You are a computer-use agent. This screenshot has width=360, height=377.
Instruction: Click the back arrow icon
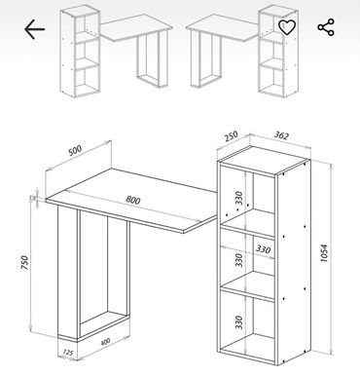pyautogui.click(x=34, y=29)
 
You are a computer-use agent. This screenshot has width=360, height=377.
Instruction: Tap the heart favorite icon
pyautogui.click(x=287, y=27)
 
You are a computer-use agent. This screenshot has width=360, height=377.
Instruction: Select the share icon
pyautogui.click(x=326, y=27)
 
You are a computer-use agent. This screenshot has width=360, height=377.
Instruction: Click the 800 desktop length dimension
pyautogui.click(x=133, y=200)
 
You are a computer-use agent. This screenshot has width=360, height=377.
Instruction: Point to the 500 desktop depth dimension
pyautogui.click(x=75, y=150)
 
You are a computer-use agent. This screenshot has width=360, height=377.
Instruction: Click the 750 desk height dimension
pyautogui.click(x=24, y=262)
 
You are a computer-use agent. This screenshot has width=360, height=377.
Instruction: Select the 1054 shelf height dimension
pyautogui.click(x=324, y=253)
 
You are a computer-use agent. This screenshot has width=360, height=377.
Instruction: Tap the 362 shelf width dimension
pyautogui.click(x=281, y=135)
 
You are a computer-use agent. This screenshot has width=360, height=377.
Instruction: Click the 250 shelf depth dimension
pyautogui.click(x=232, y=136)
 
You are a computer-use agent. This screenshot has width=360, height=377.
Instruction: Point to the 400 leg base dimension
pyautogui.click(x=105, y=342)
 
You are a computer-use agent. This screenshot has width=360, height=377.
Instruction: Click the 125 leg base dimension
pyautogui.click(x=67, y=352)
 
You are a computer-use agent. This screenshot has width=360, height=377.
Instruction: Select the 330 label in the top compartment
pyautogui.click(x=239, y=198)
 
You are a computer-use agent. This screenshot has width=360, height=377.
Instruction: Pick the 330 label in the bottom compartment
pyautogui.click(x=239, y=321)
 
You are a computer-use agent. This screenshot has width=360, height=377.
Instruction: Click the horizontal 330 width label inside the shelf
pyautogui.click(x=263, y=249)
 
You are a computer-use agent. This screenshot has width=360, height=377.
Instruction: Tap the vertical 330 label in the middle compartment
pyautogui.click(x=239, y=260)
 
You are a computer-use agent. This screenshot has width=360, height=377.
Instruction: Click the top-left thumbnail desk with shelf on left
pyautogui.click(x=116, y=52)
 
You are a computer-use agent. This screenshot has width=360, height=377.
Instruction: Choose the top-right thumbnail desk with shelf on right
pyautogui.click(x=242, y=52)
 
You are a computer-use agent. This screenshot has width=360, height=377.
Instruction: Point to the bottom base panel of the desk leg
pyautogui.click(x=104, y=325)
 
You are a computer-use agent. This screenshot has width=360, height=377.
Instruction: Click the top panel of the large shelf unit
pyautogui.click(x=264, y=159)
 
